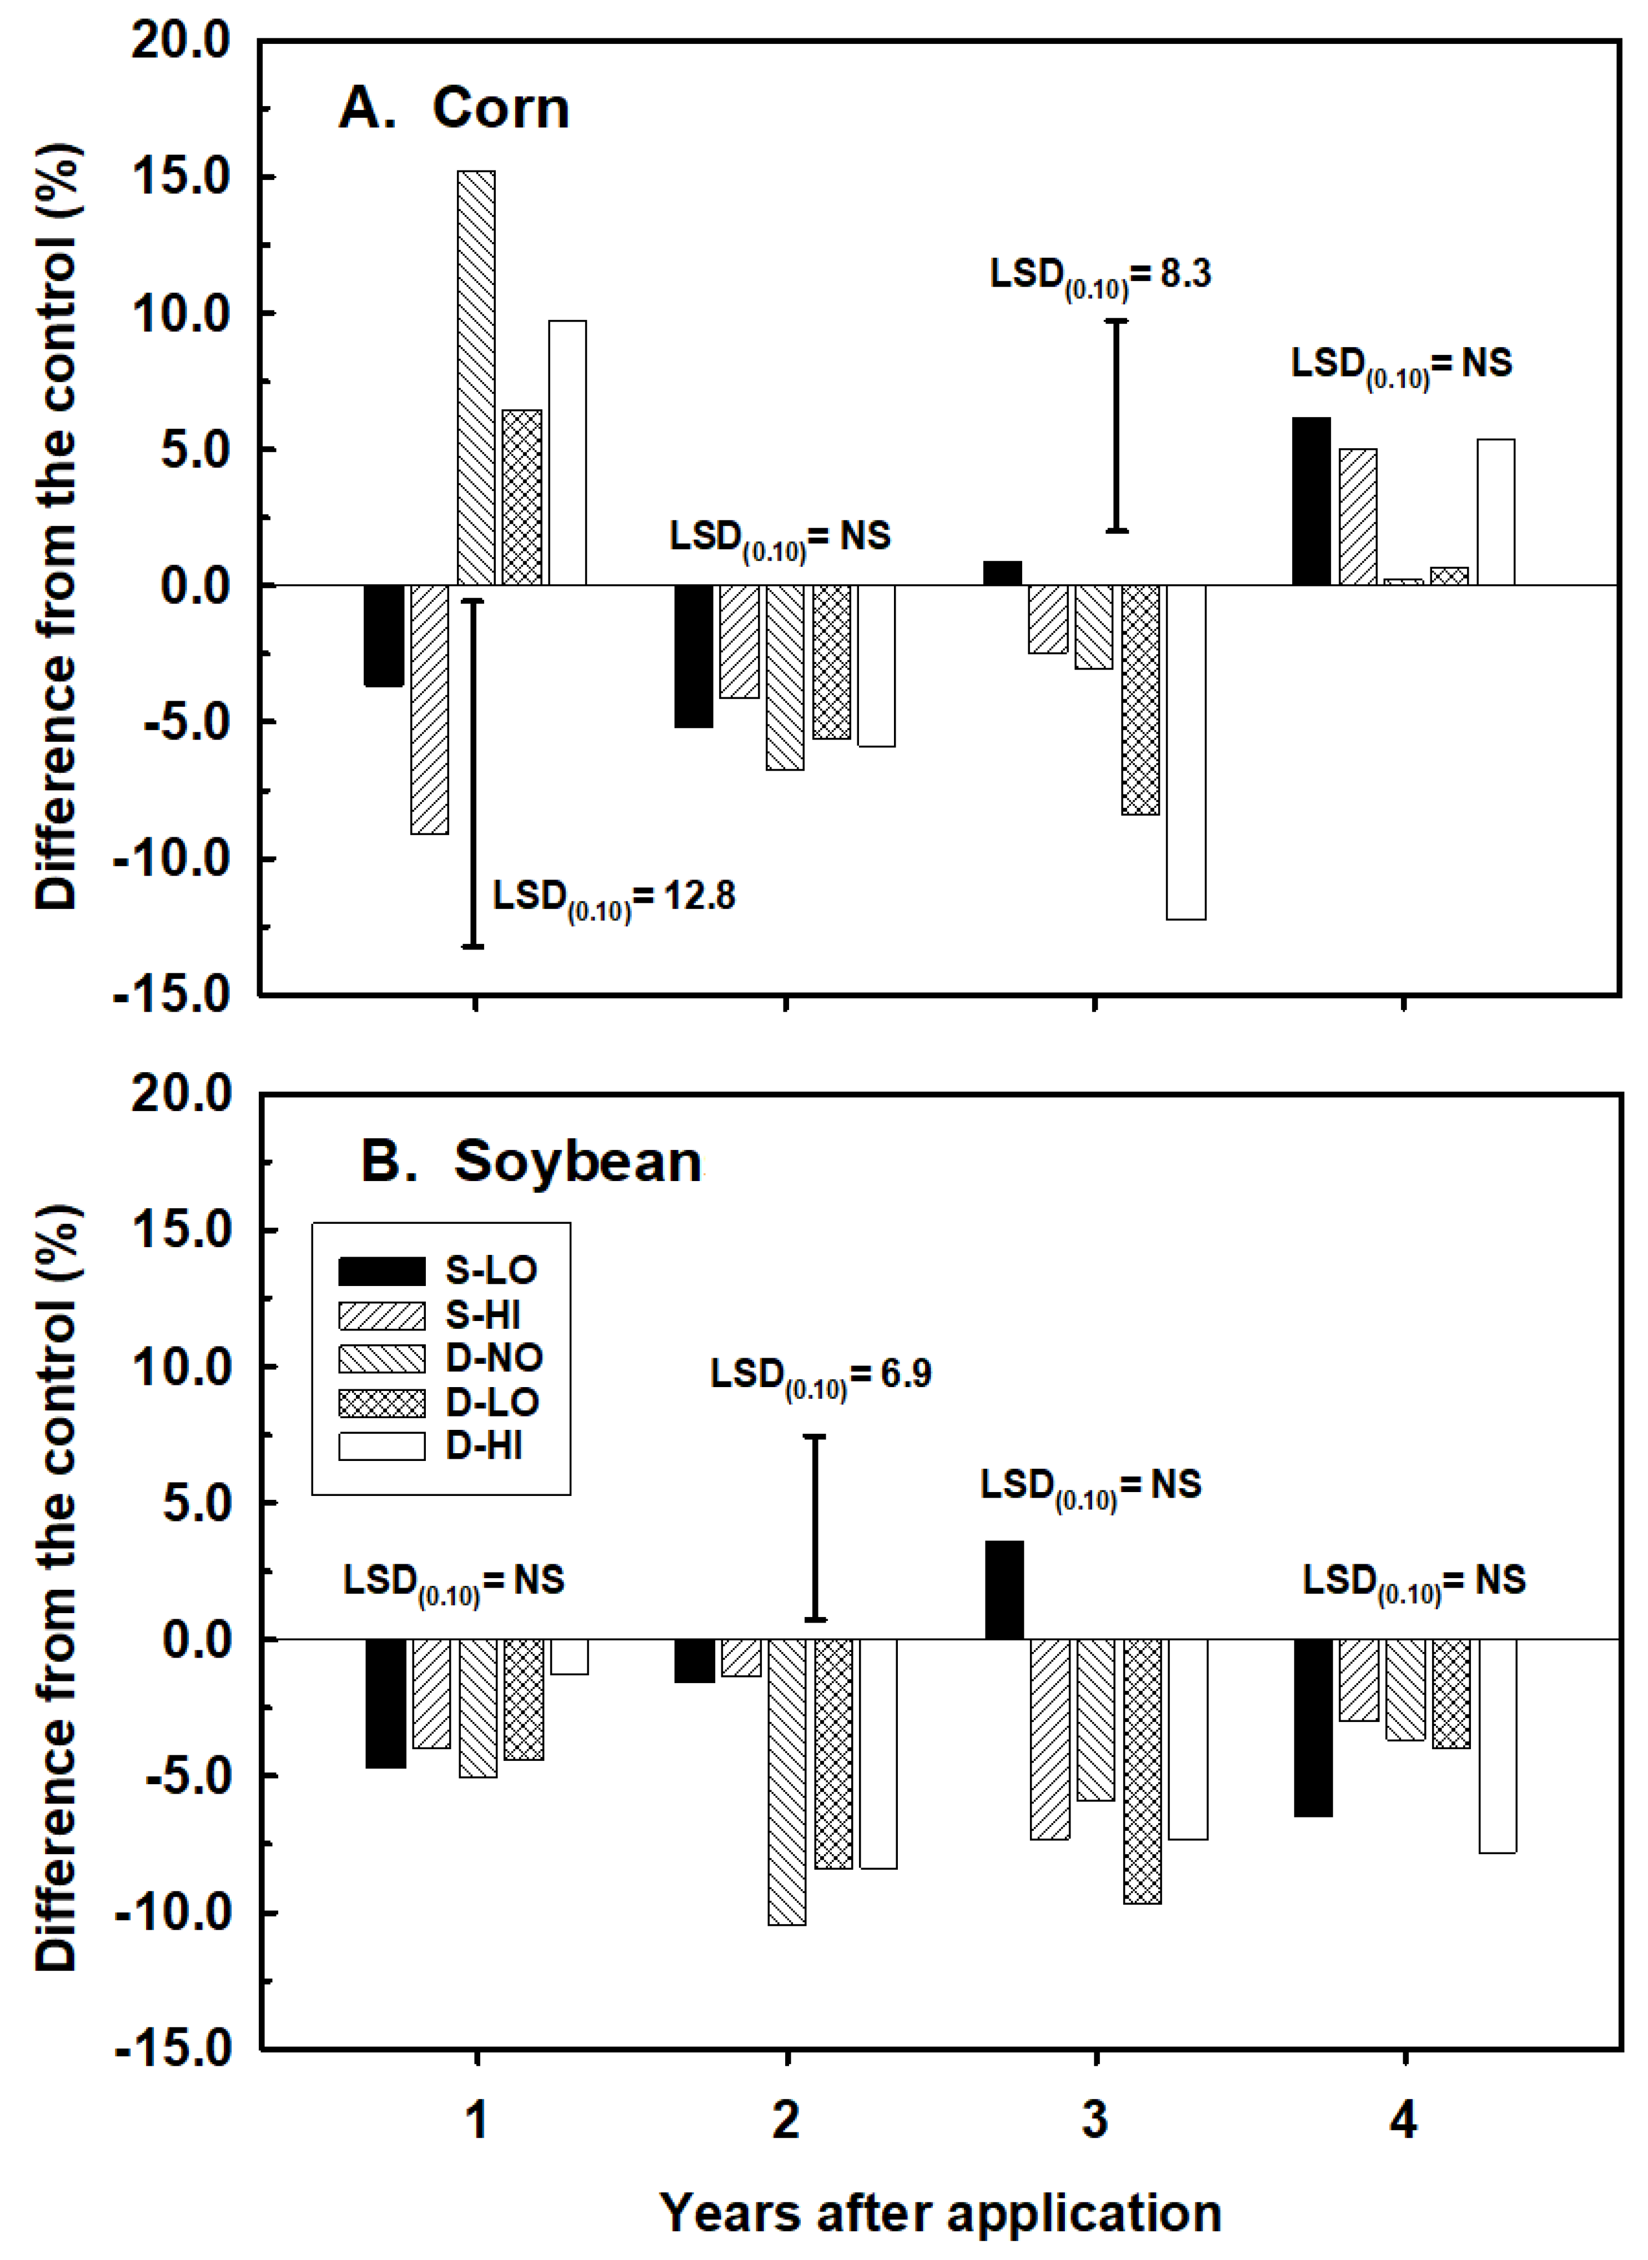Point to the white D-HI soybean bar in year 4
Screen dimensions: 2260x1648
[1496, 1745]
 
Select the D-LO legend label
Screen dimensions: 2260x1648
[492, 1402]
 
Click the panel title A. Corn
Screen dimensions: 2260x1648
[454, 108]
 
